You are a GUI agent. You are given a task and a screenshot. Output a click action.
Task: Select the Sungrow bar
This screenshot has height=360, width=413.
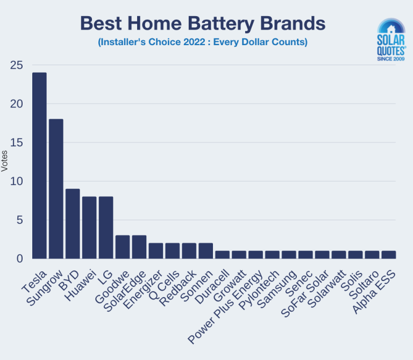pyautogui.click(x=56, y=189)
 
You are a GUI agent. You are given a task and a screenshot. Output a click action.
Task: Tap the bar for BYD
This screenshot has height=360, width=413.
pyautogui.click(x=73, y=224)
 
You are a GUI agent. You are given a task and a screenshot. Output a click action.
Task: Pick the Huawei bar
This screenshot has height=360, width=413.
pyautogui.click(x=89, y=227)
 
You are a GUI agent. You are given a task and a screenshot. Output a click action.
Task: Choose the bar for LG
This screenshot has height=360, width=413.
pyautogui.click(x=106, y=227)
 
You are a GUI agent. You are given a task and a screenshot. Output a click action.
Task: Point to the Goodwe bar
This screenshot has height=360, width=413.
pyautogui.click(x=123, y=247)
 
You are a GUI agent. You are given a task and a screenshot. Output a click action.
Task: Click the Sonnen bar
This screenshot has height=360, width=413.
pyautogui.click(x=206, y=250)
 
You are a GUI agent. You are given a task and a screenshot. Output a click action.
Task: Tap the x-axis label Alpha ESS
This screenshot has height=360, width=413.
pyautogui.click(x=374, y=291)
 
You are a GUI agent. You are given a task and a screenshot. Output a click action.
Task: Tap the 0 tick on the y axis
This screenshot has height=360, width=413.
pyautogui.click(x=20, y=258)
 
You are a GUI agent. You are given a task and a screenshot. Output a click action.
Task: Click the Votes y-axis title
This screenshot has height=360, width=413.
pyautogui.click(x=5, y=161)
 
